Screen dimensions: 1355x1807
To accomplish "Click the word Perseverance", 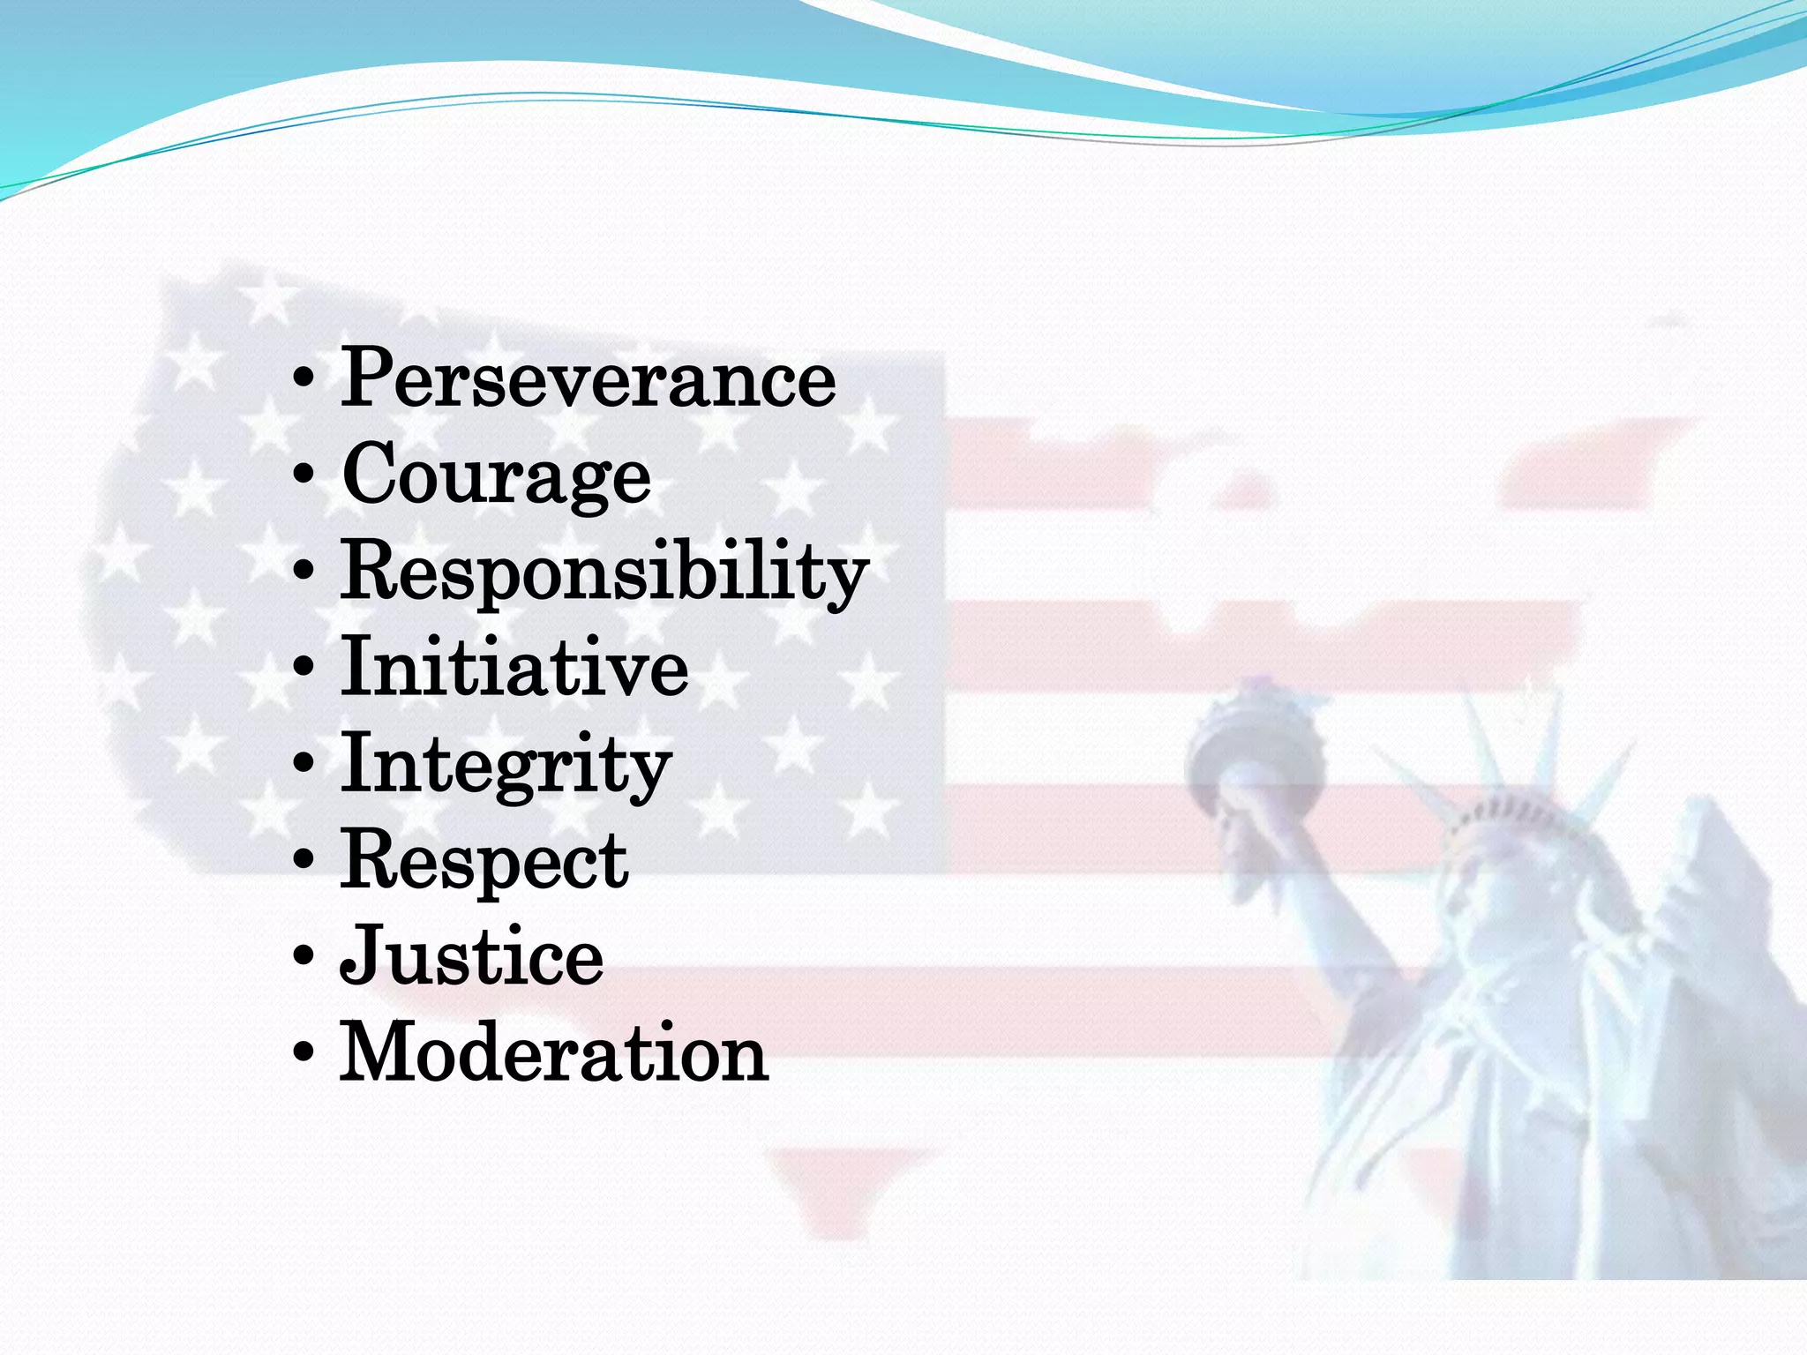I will pyautogui.click(x=588, y=379).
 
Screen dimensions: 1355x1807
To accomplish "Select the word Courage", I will pyautogui.click(x=496, y=476).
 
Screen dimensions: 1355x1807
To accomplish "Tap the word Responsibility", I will pyautogui.click(x=605, y=572).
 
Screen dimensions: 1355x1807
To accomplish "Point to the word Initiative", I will pyautogui.click(x=514, y=668).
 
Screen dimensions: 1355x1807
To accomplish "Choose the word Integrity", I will pyautogui.click(x=506, y=764).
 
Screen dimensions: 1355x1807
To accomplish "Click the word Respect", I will pyautogui.click(x=484, y=860).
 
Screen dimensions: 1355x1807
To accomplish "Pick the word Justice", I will pyautogui.click(x=472, y=956).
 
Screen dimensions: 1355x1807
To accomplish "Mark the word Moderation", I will pyautogui.click(x=554, y=1052).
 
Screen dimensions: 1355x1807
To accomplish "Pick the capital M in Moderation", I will pyautogui.click(x=379, y=1051).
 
